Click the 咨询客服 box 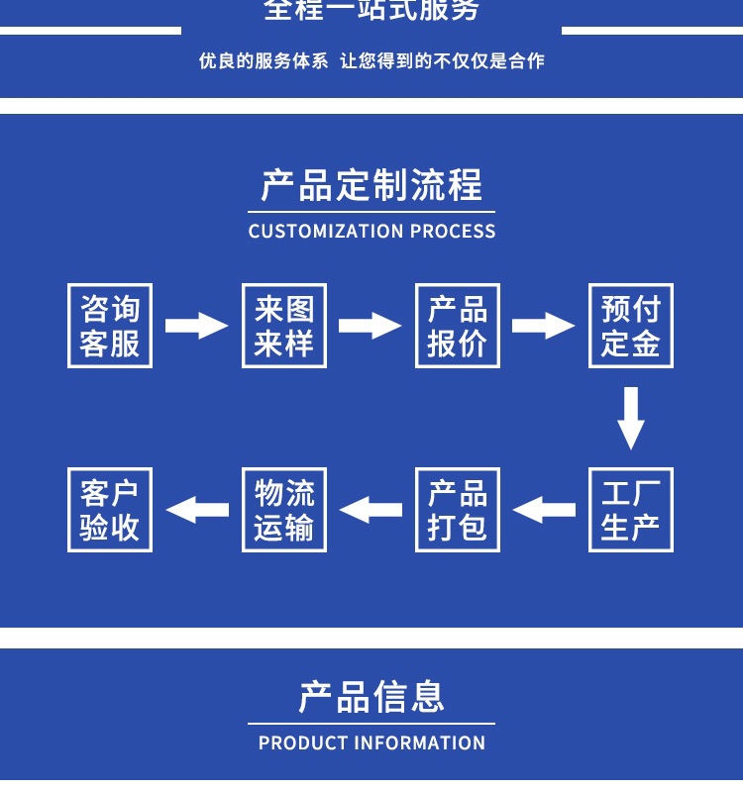point(110,326)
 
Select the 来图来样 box point(284,326)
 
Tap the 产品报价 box point(458,326)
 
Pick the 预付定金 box point(631,326)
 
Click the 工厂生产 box point(631,510)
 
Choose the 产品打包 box point(458,510)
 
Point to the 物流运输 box point(284,510)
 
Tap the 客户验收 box point(110,510)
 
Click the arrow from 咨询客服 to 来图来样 point(196,326)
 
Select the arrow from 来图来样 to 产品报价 point(371,326)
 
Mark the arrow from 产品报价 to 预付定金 point(544,326)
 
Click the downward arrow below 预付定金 point(631,418)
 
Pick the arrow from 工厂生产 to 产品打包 point(544,510)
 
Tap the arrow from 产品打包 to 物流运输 point(371,510)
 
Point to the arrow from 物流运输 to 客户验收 point(196,510)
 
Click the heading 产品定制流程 point(371,186)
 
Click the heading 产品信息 point(371,697)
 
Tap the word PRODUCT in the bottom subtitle point(302,742)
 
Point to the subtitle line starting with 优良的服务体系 point(371,61)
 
